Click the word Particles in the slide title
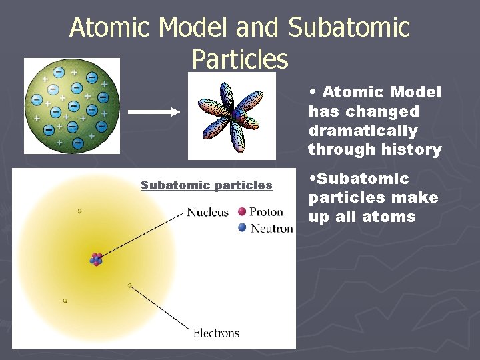240,59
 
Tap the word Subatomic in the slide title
349,28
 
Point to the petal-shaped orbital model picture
231,117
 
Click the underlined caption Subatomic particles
207,185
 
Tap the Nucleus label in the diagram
207,213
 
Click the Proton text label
266,213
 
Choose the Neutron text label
271,229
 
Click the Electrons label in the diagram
216,333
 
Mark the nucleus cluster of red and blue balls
97,259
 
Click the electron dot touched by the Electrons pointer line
129,285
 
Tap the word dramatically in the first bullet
363,131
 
